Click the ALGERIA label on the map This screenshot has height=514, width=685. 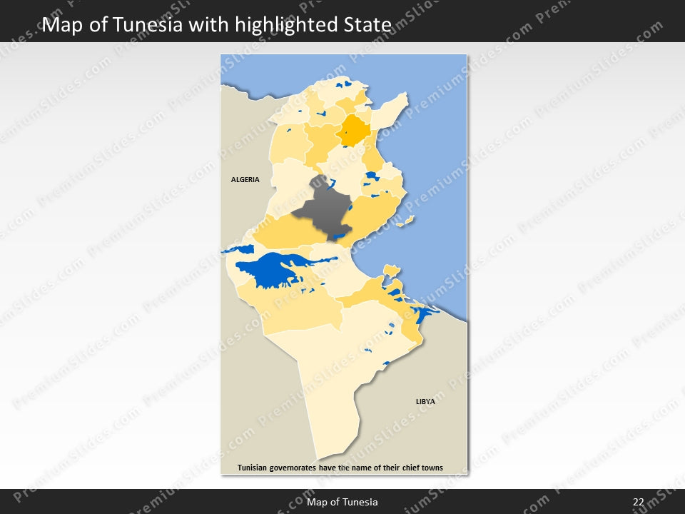245,180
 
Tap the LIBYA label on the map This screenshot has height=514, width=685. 425,402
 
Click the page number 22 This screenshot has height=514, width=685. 638,503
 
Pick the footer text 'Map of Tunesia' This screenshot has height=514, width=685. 342,503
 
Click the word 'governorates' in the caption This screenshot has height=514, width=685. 300,468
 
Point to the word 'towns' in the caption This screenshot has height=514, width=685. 431,468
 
